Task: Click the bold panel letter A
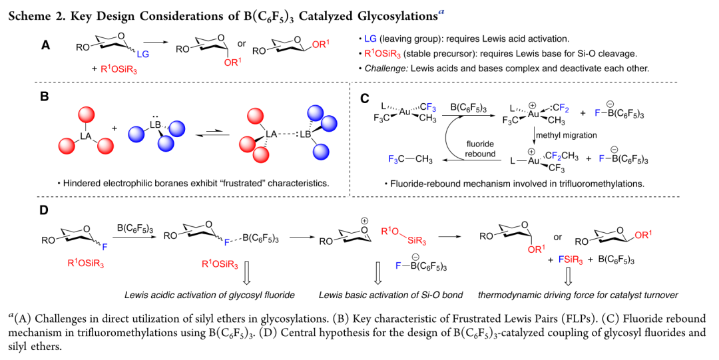(x=45, y=45)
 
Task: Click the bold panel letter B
(x=45, y=97)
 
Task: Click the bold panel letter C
(x=364, y=98)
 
